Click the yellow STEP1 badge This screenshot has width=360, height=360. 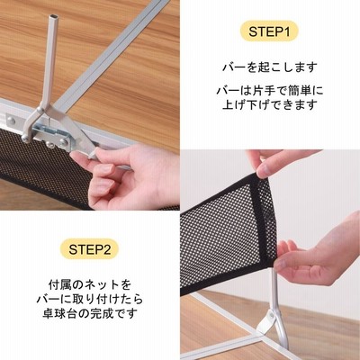[269, 31]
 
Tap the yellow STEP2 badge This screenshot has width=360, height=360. [89, 249]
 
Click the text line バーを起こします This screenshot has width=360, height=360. [269, 67]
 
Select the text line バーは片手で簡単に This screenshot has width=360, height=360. [269, 91]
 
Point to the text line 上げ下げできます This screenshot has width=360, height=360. [269, 105]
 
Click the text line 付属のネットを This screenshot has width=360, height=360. [90, 284]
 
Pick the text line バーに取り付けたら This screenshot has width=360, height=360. [90, 299]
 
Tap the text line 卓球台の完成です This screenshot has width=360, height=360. [90, 313]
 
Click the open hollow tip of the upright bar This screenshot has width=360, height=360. [53, 17]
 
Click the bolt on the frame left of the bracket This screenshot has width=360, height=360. [12, 121]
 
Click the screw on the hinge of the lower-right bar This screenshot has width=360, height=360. [272, 315]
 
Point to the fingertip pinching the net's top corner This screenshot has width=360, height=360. [263, 172]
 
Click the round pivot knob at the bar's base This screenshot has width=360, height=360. [25, 138]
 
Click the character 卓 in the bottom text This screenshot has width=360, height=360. [48, 313]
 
